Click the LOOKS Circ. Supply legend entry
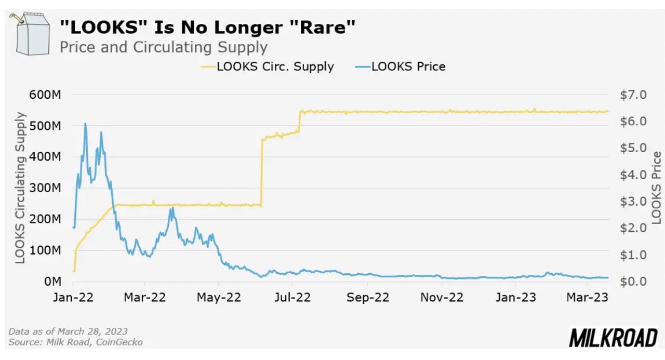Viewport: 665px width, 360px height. (267, 66)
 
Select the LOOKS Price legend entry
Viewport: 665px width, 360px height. (401, 66)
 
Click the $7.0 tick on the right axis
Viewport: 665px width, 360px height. (633, 95)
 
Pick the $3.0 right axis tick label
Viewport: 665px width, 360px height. (633, 202)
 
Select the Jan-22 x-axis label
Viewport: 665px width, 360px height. (73, 297)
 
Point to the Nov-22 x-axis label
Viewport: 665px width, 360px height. (441, 297)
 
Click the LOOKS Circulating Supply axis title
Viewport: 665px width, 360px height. (20, 188)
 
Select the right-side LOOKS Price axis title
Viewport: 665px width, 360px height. (657, 188)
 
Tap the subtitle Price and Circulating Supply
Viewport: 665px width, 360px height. (163, 47)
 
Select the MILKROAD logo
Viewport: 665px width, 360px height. (614, 338)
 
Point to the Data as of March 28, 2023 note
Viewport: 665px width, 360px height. (68, 331)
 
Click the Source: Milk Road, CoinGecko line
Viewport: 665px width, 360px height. (75, 342)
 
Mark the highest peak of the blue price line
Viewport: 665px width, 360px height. (85, 124)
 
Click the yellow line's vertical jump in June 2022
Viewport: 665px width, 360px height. (261, 171)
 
